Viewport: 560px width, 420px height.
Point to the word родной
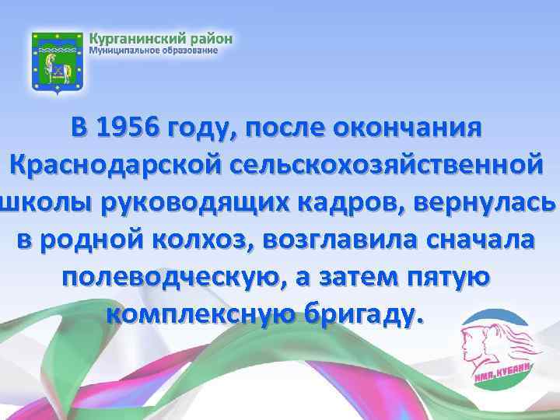84,240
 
